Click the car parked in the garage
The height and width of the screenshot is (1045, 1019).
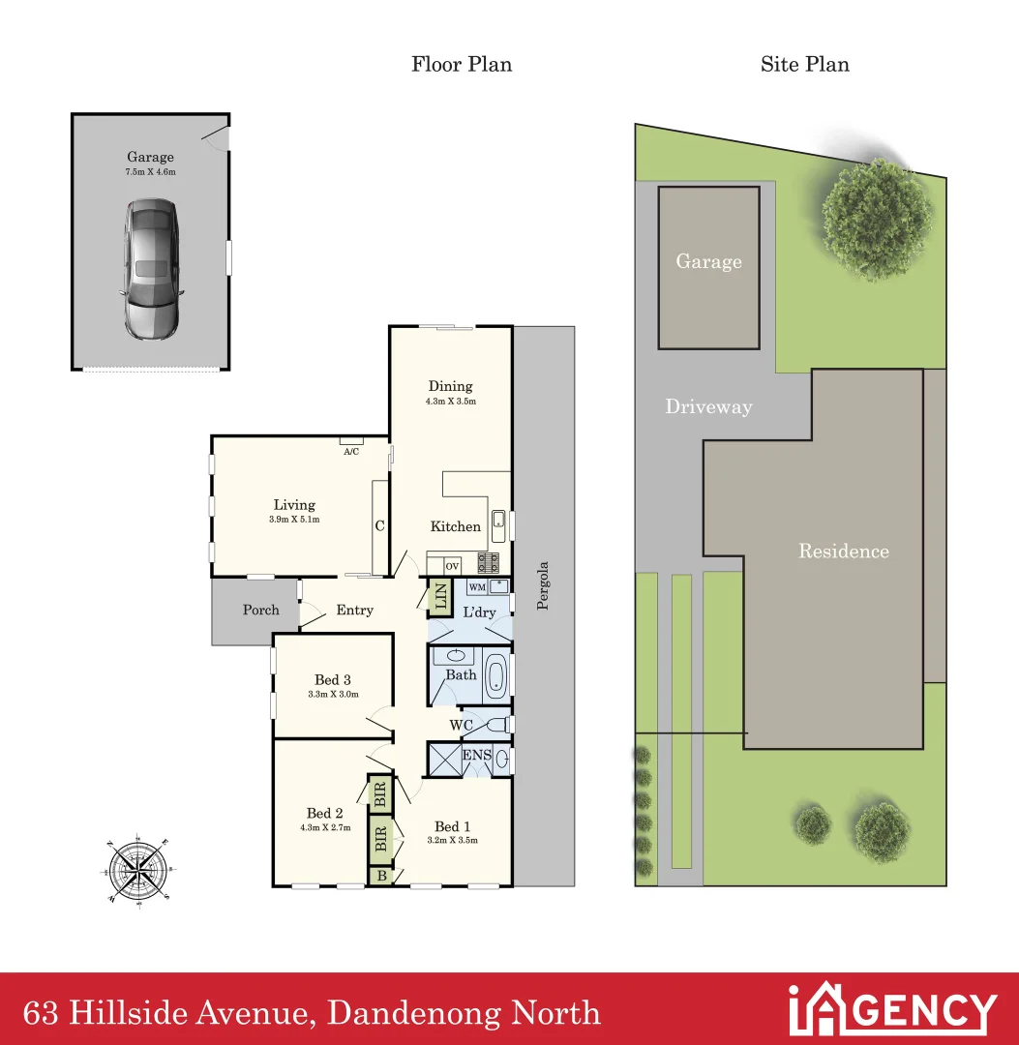pos(150,268)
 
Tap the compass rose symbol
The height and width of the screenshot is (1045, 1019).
pos(135,869)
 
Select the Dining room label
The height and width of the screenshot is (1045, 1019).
pos(450,386)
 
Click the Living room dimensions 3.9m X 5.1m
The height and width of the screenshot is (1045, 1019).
pos(294,520)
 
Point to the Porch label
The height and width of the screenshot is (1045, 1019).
pos(260,610)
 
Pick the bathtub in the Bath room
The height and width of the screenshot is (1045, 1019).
pos(495,675)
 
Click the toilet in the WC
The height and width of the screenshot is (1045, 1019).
pos(496,725)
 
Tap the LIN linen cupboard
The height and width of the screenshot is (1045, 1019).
pos(439,595)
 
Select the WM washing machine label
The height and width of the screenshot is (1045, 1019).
pos(476,586)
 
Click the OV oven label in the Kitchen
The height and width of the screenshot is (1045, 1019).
pos(452,565)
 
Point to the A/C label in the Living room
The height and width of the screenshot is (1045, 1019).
pos(351,451)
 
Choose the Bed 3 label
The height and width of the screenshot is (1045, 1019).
pos(332,679)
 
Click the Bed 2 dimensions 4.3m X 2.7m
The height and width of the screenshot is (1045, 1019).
pos(325,827)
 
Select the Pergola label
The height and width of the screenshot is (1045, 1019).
pos(543,586)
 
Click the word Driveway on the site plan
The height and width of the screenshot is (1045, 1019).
pos(708,406)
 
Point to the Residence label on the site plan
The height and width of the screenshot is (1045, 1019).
pos(843,552)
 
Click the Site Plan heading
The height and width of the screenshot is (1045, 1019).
pos(804,65)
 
